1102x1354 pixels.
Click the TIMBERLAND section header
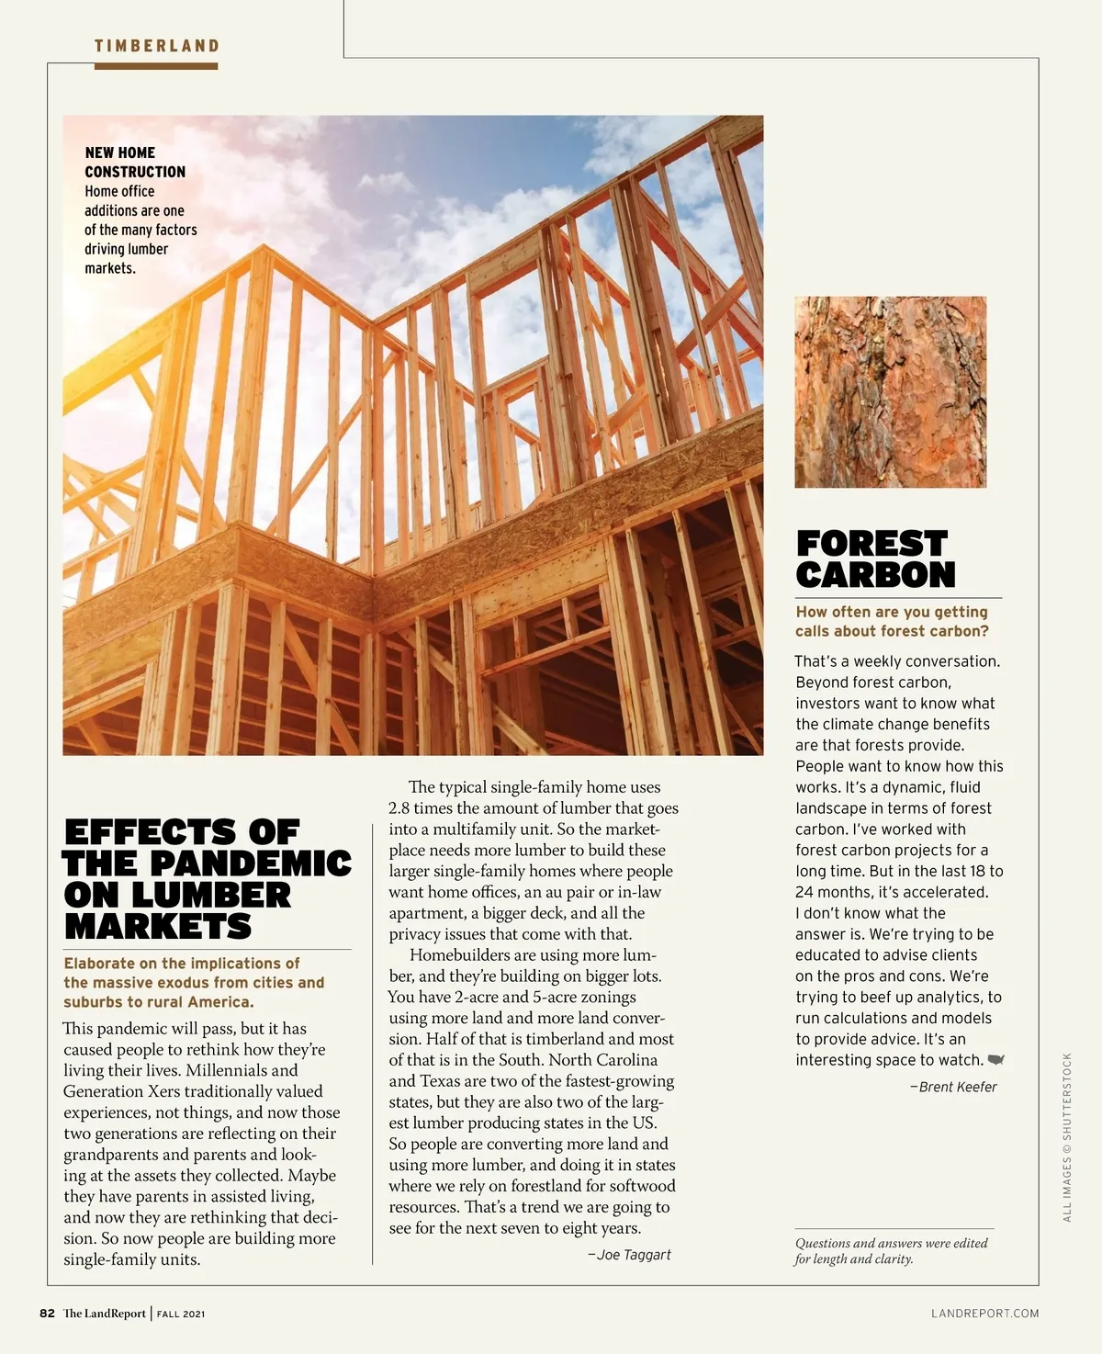(x=156, y=46)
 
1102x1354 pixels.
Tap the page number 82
(x=47, y=1314)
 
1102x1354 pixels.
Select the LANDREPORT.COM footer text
(x=984, y=1314)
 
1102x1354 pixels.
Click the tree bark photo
(x=890, y=391)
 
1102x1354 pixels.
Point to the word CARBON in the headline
(x=875, y=575)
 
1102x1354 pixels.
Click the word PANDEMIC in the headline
(x=250, y=863)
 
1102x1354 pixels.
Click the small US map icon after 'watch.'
(x=995, y=1060)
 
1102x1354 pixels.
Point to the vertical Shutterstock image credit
(x=1067, y=1137)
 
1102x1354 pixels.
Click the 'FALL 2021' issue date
(x=181, y=1315)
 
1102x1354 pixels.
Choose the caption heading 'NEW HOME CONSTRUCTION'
(x=134, y=162)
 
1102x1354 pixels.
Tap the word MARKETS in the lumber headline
(x=157, y=927)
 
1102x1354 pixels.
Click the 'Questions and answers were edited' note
(x=891, y=1243)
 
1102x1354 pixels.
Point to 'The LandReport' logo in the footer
(x=104, y=1314)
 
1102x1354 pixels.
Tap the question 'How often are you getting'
(x=891, y=612)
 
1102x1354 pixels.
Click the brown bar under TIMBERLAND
(x=156, y=66)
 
